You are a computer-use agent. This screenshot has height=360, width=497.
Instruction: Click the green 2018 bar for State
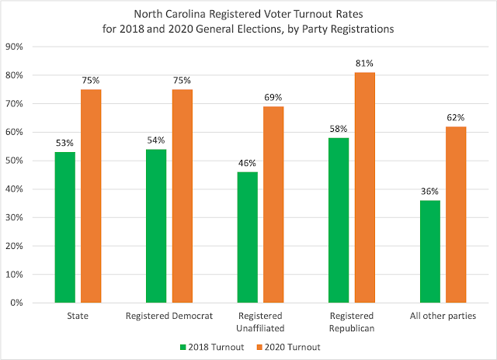[65, 227]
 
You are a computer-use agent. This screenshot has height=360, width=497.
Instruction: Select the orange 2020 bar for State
[91, 196]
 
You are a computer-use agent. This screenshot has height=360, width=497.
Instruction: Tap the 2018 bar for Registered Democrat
[156, 225]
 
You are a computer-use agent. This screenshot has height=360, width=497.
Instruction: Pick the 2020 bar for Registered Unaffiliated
[273, 204]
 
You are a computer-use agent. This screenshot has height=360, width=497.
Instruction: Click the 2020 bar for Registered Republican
[365, 187]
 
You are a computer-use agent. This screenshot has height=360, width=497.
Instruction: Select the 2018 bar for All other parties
[430, 251]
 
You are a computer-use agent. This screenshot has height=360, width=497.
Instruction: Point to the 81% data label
[365, 63]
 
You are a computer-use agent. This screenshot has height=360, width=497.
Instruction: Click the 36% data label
[430, 191]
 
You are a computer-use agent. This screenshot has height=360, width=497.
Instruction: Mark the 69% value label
[273, 97]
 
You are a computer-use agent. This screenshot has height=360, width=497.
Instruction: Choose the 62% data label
[456, 117]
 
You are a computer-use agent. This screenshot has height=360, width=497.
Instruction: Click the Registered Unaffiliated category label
[260, 321]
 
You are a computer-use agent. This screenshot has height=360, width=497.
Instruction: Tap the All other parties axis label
[443, 317]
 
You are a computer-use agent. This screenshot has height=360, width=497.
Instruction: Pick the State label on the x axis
[78, 317]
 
